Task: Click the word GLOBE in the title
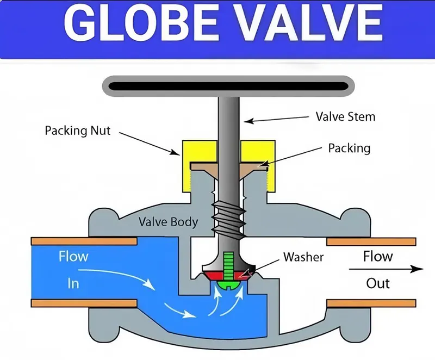(x=142, y=23)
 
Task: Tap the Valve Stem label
(x=345, y=116)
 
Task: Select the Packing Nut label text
(x=78, y=131)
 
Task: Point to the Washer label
(x=303, y=257)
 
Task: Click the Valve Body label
(x=169, y=222)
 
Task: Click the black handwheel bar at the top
(x=228, y=86)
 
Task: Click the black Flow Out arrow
(x=386, y=269)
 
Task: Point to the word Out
(x=378, y=283)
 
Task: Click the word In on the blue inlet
(x=73, y=283)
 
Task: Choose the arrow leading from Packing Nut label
(x=149, y=144)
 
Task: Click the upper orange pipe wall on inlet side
(x=84, y=241)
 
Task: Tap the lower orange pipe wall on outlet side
(x=371, y=303)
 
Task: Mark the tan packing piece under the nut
(x=229, y=170)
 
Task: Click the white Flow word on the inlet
(x=73, y=257)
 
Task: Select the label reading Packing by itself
(x=349, y=148)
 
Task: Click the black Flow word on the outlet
(x=378, y=256)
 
